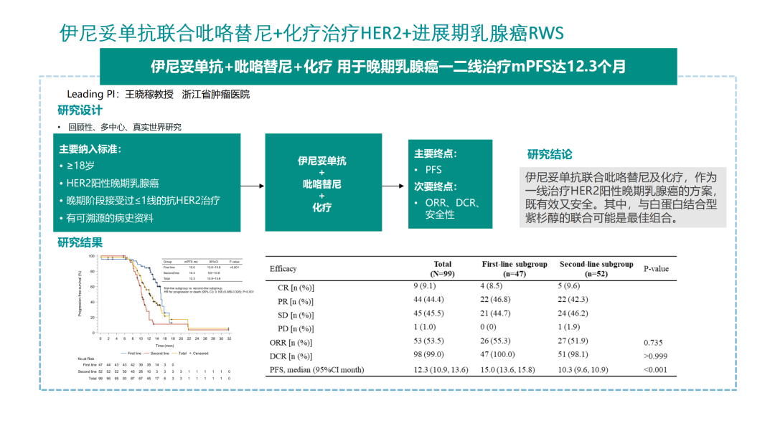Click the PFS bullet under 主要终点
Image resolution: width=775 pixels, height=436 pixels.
tap(433, 170)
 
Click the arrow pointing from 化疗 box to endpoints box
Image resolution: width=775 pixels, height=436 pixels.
tap(392, 186)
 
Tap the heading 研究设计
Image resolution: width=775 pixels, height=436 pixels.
tap(80, 110)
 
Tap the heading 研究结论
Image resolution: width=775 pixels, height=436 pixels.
tap(550, 154)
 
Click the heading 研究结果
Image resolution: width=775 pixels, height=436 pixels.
tap(80, 242)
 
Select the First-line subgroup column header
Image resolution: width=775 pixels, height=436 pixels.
tap(514, 268)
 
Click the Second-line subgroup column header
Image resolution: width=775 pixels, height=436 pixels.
tap(596, 268)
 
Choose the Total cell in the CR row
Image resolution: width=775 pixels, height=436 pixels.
tap(443, 288)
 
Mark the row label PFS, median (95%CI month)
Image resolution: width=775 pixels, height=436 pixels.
tap(316, 370)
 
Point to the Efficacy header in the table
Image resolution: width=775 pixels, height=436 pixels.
tap(283, 269)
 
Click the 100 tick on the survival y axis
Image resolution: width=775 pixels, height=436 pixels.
tap(92, 256)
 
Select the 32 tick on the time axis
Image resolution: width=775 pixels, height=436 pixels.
tap(229, 338)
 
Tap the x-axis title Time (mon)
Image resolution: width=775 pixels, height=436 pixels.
tap(165, 345)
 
